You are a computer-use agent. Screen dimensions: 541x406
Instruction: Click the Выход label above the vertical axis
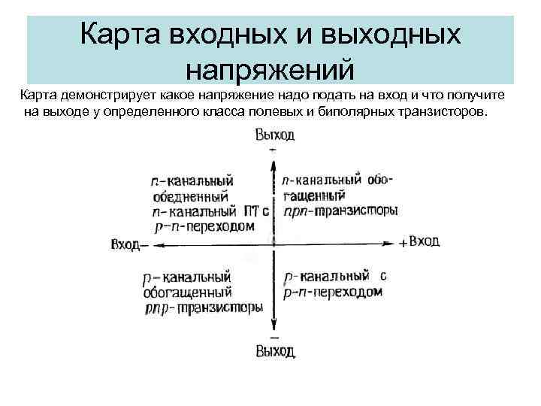pyautogui.click(x=274, y=135)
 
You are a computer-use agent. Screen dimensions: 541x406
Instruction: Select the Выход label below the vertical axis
pyautogui.click(x=274, y=351)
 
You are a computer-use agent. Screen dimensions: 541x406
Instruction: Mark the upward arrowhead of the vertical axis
pyautogui.click(x=273, y=159)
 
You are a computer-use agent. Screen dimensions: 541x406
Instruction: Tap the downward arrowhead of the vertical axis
pyautogui.click(x=273, y=328)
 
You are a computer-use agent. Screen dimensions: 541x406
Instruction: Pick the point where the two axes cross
pyautogui.click(x=273, y=242)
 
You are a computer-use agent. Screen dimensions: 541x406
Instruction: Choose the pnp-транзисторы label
pyautogui.click(x=202, y=307)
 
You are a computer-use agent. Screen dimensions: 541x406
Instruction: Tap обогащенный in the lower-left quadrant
pyautogui.click(x=186, y=292)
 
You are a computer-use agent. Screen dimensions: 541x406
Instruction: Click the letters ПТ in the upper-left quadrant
pyautogui.click(x=251, y=211)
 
